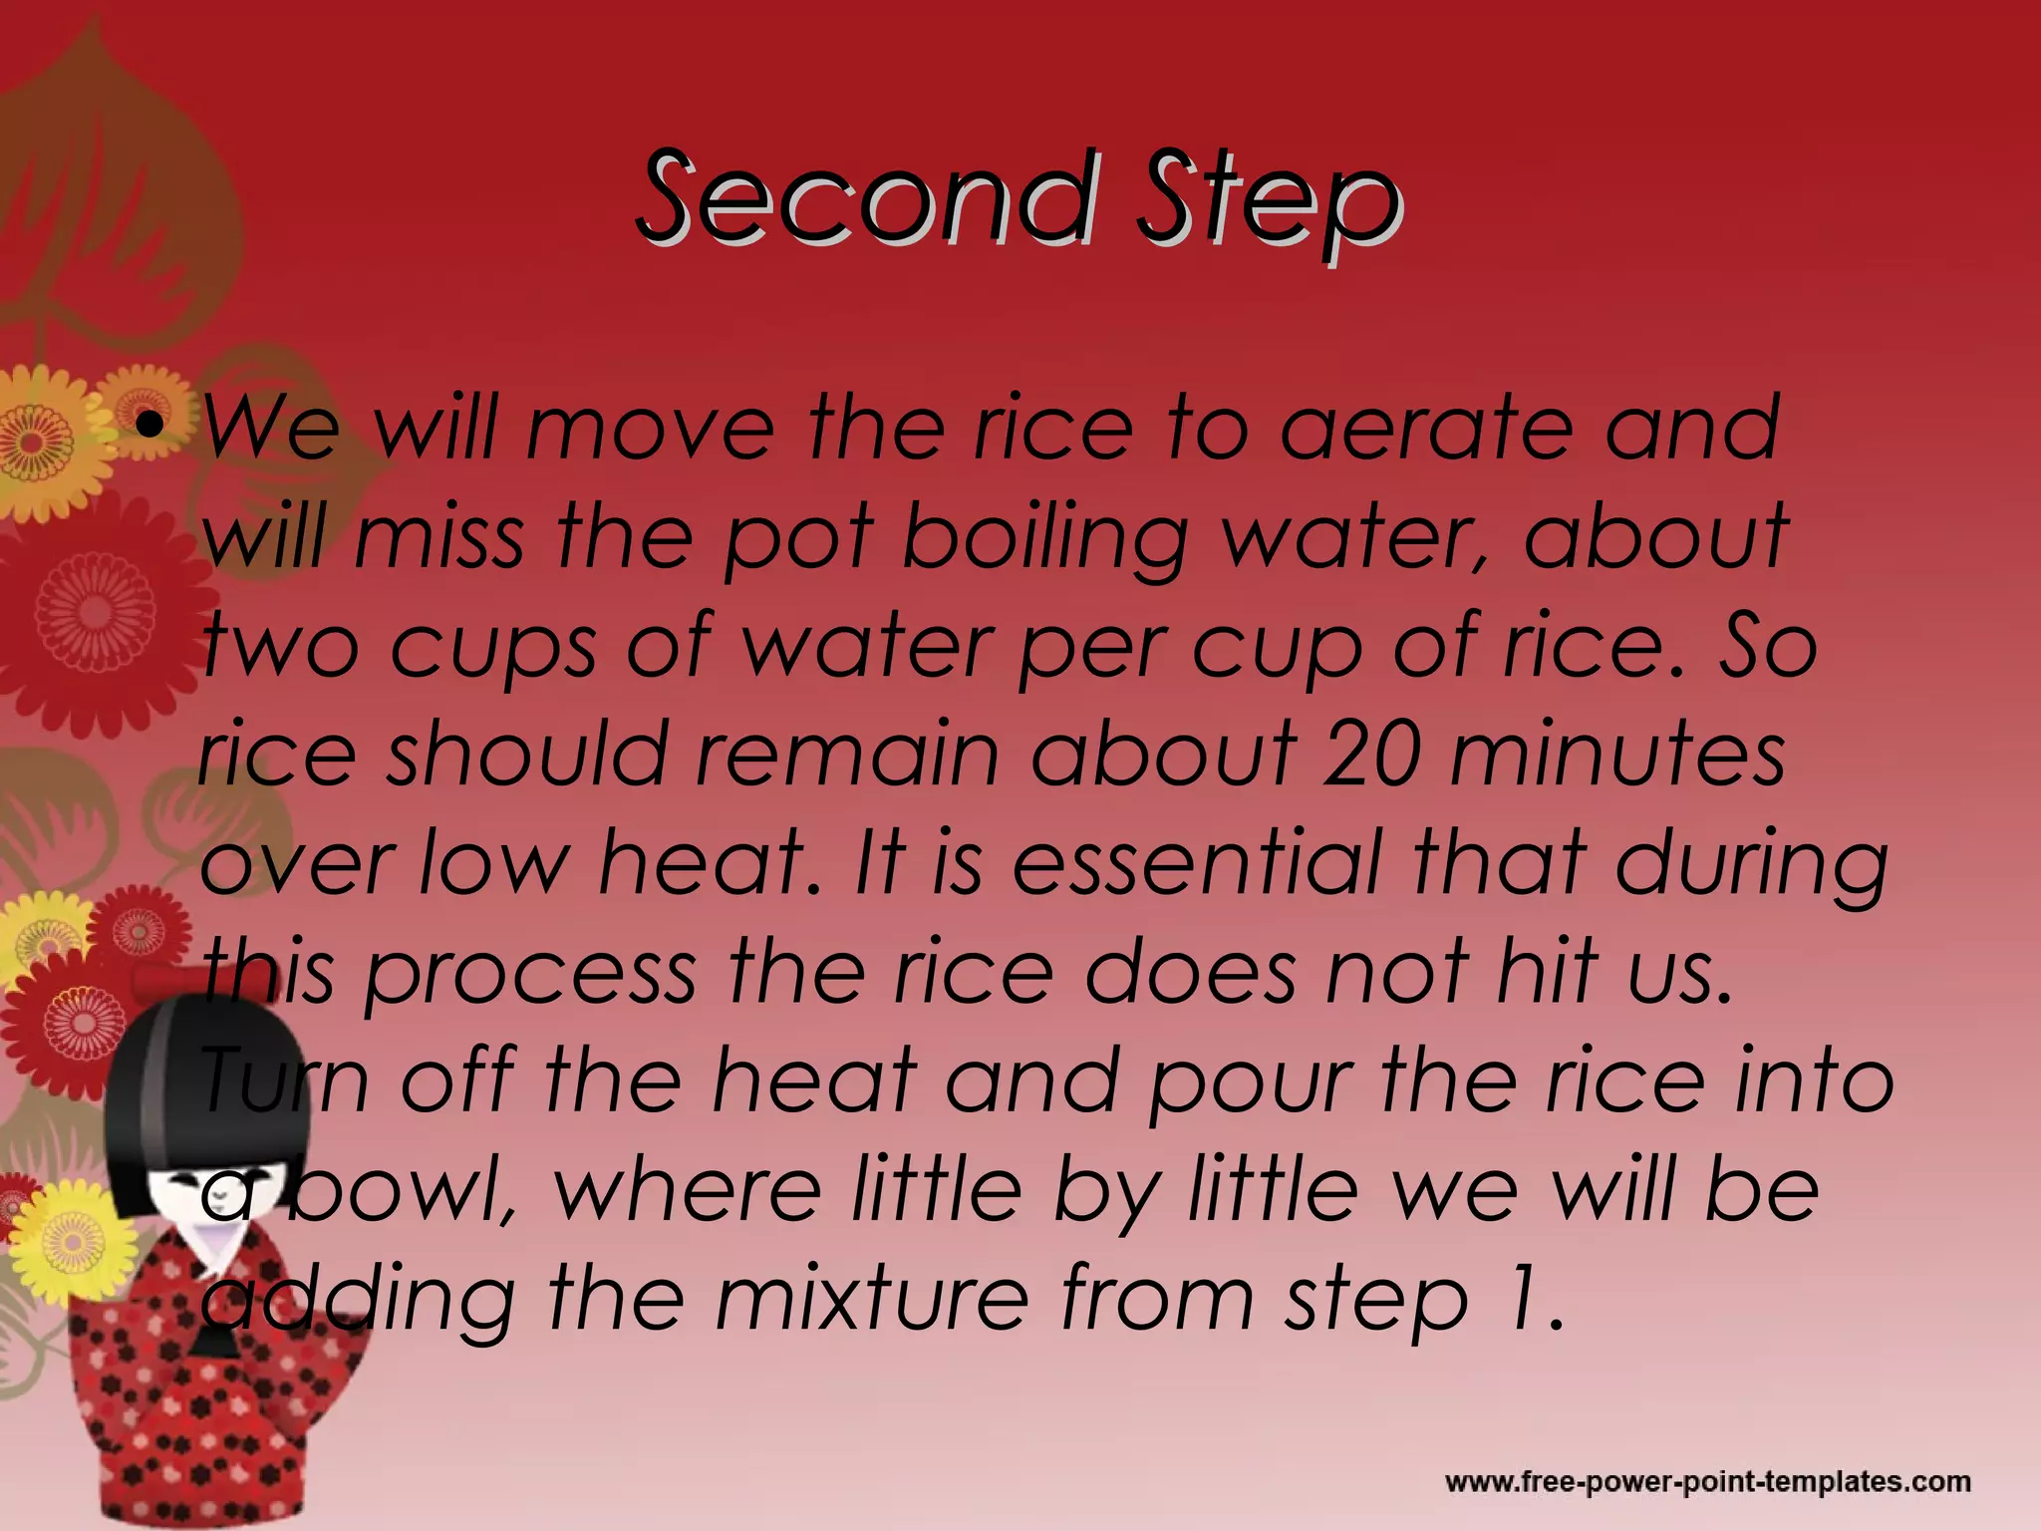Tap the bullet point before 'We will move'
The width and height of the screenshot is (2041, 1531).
(150, 429)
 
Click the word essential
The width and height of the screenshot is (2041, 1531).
(1197, 862)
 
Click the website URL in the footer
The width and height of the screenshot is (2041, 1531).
(1707, 1481)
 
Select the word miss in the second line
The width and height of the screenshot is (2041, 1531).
(438, 538)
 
